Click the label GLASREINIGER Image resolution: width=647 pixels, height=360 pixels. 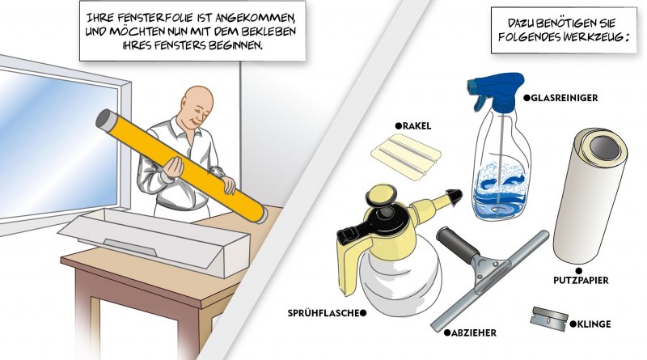[564, 98]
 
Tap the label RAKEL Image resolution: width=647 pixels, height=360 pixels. [417, 126]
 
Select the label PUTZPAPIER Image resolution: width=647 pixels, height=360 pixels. [581, 281]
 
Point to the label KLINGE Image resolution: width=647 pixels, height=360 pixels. [594, 324]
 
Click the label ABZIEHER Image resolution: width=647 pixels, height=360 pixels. [474, 332]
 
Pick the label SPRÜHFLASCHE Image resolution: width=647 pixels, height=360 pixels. [323, 313]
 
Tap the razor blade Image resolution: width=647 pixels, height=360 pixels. [549, 317]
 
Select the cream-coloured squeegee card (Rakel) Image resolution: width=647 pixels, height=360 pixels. [406, 156]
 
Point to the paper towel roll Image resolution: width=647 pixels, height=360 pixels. [590, 195]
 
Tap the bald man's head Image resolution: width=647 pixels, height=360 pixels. [197, 105]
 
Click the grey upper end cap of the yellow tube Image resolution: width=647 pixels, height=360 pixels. [104, 119]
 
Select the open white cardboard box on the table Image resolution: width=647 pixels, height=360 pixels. [154, 240]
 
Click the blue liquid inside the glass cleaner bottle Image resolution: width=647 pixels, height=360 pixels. [499, 194]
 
